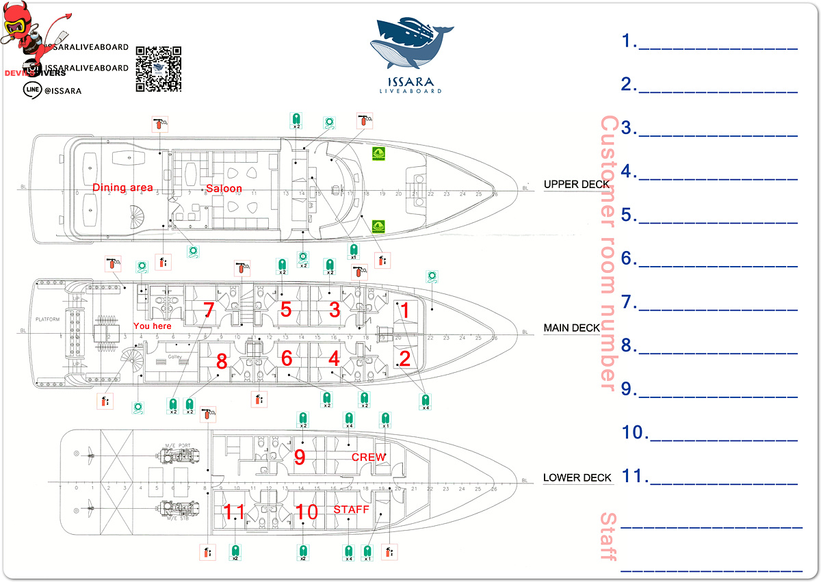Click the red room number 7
pos(209,310)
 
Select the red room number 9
pos(299,457)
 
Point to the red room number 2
pos(404,358)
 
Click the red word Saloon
pos(224,188)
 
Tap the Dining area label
pos(122,188)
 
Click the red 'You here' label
pos(152,326)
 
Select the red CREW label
pos(369,457)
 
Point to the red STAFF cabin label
pos(351,510)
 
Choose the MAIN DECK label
pos(571,328)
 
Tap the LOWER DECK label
pos(577,478)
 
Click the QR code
pos(158,69)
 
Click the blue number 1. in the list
pos(629,41)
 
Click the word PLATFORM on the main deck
pos(49,320)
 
